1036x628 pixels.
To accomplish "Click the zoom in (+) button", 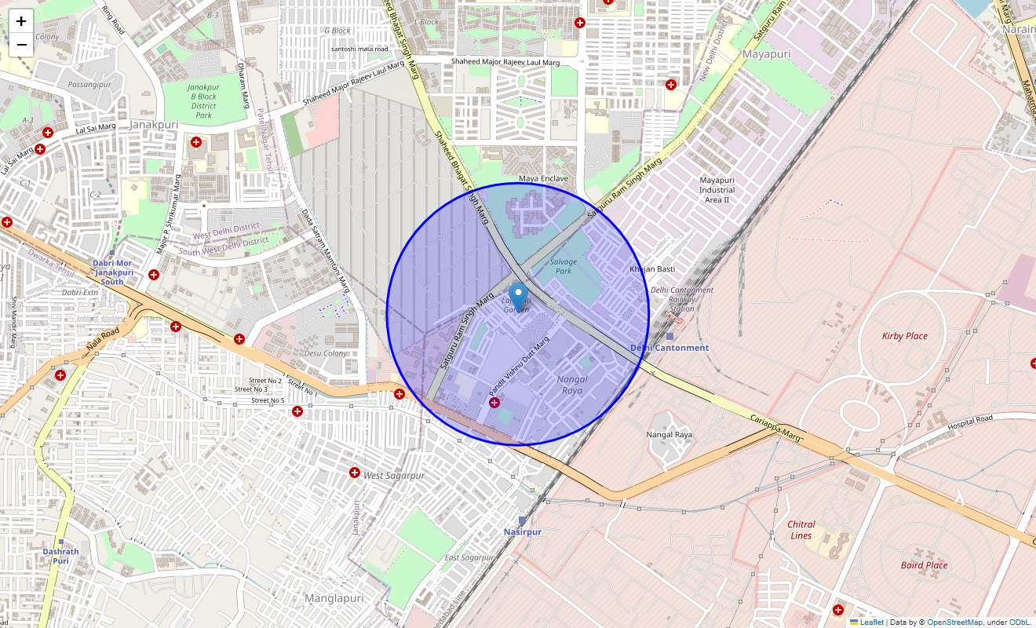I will [x=21, y=21].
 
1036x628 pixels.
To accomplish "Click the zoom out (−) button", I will [x=21, y=44].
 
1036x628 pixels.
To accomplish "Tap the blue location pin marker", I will [x=518, y=298].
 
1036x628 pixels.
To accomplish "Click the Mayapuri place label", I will [x=766, y=54].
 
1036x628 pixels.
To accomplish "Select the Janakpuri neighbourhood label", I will [x=153, y=124].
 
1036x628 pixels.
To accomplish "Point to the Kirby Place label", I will [x=904, y=336].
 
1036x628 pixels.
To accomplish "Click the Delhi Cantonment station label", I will [x=669, y=348].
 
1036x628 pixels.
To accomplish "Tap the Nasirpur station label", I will [x=522, y=531].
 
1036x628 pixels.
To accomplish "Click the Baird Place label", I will [x=924, y=565].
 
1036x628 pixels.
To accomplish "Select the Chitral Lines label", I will [x=801, y=530].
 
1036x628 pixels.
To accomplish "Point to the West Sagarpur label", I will [x=394, y=476].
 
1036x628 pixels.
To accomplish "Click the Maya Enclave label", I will [x=543, y=179].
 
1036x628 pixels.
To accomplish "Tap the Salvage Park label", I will [x=564, y=266].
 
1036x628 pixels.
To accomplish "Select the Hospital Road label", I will [x=970, y=422].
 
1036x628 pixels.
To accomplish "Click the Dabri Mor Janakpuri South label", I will [x=112, y=272].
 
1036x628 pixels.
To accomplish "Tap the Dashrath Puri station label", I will [x=60, y=556].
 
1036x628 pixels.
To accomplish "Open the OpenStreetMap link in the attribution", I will [x=954, y=622].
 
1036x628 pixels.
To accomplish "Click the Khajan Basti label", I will [x=651, y=269].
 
